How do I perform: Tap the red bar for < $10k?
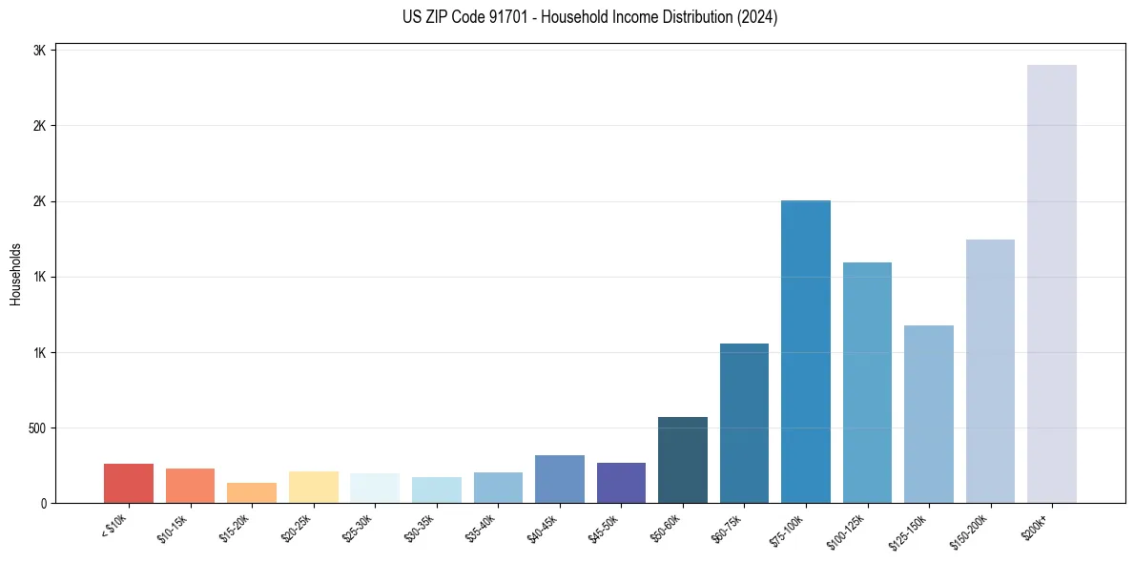pyautogui.click(x=129, y=483)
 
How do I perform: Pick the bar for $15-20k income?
pyautogui.click(x=252, y=492)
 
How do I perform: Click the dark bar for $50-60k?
pyautogui.click(x=683, y=460)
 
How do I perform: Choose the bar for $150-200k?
pyautogui.click(x=990, y=371)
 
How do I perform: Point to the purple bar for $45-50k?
pyautogui.click(x=621, y=483)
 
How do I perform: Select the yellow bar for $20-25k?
pyautogui.click(x=314, y=487)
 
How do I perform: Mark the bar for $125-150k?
pyautogui.click(x=929, y=414)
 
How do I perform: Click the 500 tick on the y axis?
pyautogui.click(x=39, y=427)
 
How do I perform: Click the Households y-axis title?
pyautogui.click(x=16, y=274)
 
